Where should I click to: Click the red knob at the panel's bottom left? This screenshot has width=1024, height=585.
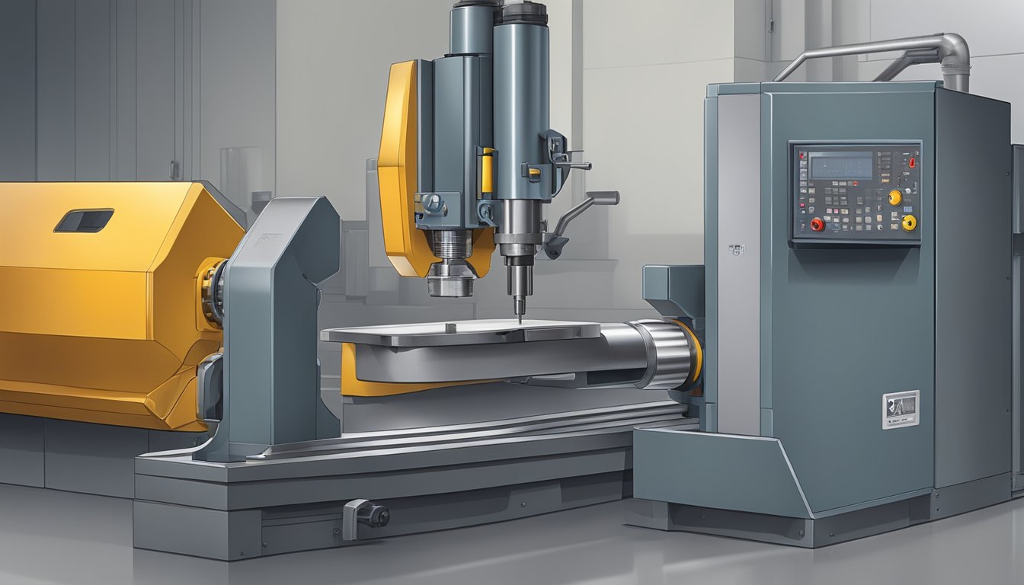818,224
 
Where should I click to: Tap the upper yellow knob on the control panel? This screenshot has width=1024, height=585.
894,197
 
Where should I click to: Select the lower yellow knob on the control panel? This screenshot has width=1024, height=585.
908,222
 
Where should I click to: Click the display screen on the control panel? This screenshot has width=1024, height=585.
840,165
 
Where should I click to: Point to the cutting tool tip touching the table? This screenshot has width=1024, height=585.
520,318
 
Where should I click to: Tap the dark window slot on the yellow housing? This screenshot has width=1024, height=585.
84,220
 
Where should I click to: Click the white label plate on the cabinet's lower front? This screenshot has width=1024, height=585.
900,409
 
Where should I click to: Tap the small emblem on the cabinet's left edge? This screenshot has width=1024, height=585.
735,249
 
